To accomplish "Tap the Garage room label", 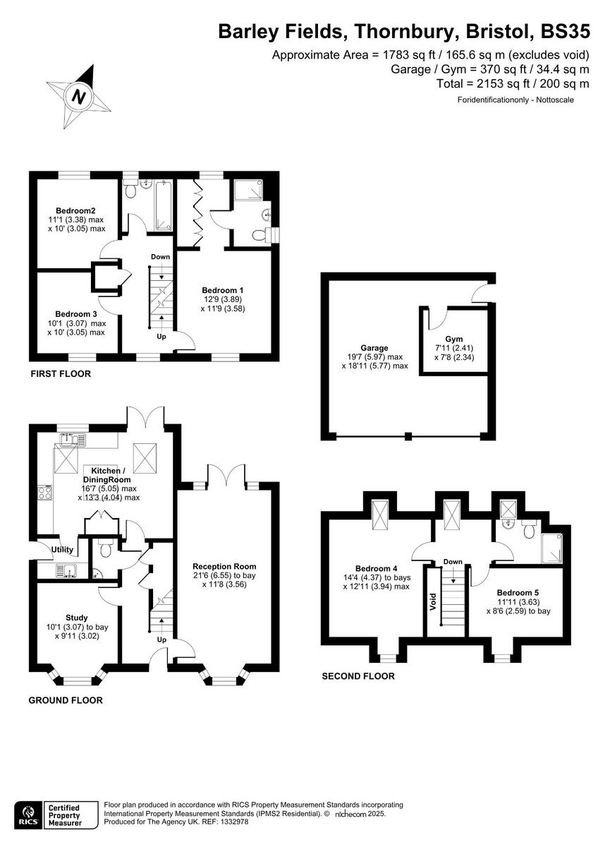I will point(374,348).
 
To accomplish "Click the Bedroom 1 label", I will point(223,290).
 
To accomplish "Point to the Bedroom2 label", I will point(76,210).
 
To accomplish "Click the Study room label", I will point(76,617).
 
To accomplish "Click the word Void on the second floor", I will point(433,602).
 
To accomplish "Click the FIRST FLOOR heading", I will point(60,373).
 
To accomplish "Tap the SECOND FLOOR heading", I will point(358,676).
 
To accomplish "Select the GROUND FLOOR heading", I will point(66,700).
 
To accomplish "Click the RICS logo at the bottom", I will point(28,813).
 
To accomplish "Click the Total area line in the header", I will point(513,83).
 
